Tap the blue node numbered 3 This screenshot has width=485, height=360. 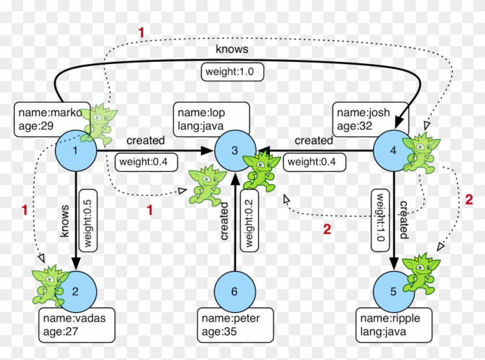pyautogui.click(x=234, y=151)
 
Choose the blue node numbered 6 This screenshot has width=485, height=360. pyautogui.click(x=234, y=291)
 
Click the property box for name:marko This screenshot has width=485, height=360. pyautogui.click(x=49, y=120)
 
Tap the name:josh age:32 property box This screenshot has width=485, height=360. pyautogui.click(x=370, y=120)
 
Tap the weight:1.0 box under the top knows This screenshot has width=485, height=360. pyautogui.click(x=232, y=72)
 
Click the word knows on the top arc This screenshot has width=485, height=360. pyautogui.click(x=232, y=50)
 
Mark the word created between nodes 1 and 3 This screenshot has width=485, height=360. pyautogui.click(x=145, y=140)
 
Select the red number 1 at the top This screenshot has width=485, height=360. pyautogui.click(x=141, y=33)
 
